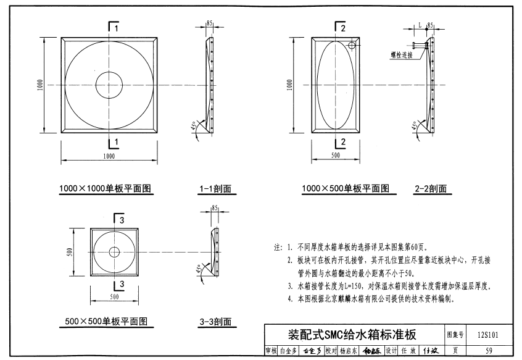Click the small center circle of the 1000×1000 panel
pyautogui.click(x=109, y=85)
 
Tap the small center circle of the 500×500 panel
pyautogui.click(x=114, y=251)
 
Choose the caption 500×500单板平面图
pyautogui.click(x=106, y=321)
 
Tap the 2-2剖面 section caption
pyautogui.click(x=431, y=189)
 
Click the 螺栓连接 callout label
pyautogui.click(x=401, y=54)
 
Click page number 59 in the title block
pyautogui.click(x=488, y=351)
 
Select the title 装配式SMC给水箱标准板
pyautogui.click(x=352, y=335)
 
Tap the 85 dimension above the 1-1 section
pyautogui.click(x=210, y=23)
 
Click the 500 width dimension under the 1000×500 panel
pyautogui.click(x=336, y=156)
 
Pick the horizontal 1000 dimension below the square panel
pyautogui.click(x=109, y=156)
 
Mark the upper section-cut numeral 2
pyautogui.click(x=343, y=28)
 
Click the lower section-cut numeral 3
pyautogui.click(x=122, y=284)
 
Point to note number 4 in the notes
pyautogui.click(x=291, y=299)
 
